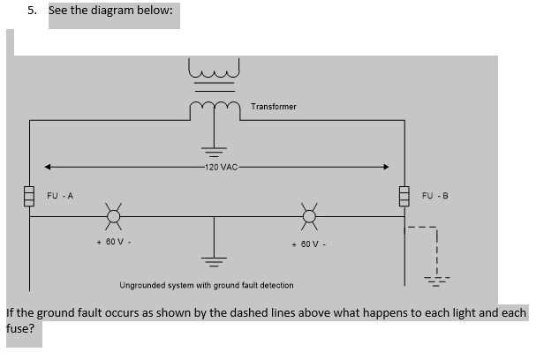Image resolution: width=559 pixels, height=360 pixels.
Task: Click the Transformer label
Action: [274, 107]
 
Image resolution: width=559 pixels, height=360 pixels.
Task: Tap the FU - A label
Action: [60, 195]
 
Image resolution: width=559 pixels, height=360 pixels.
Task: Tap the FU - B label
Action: [436, 195]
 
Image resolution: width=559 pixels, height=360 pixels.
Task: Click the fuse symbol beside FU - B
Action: [406, 194]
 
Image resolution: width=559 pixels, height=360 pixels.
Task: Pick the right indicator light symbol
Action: [309, 214]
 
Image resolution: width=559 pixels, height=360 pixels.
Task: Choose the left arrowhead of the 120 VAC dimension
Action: [51, 167]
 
